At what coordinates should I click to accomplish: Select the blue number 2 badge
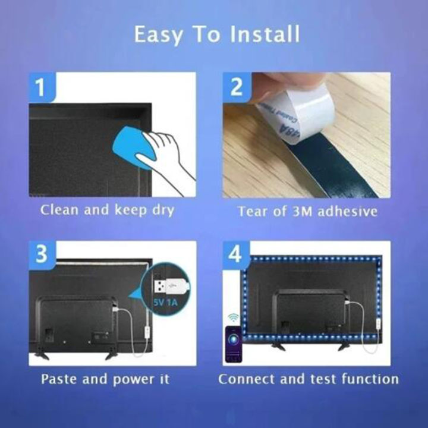click(x=237, y=88)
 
